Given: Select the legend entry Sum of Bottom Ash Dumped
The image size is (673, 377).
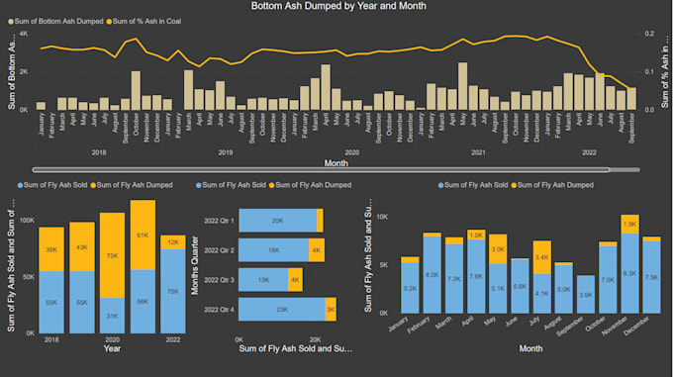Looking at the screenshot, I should pyautogui.click(x=58, y=21).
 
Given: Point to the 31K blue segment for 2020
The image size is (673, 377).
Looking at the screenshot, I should pyautogui.click(x=113, y=315).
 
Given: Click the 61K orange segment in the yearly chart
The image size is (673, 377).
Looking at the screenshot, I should pyautogui.click(x=143, y=236).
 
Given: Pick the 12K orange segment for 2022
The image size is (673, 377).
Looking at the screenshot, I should pyautogui.click(x=172, y=241).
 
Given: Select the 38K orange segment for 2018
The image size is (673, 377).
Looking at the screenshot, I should pyautogui.click(x=52, y=249).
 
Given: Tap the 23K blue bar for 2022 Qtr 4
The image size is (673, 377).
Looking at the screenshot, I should pyautogui.click(x=282, y=310).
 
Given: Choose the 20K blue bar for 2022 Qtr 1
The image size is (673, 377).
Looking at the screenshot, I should pyautogui.click(x=278, y=221).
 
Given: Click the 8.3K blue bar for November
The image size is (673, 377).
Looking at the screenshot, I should pyautogui.click(x=629, y=273).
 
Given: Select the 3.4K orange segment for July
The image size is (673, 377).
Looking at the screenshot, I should pyautogui.click(x=542, y=257).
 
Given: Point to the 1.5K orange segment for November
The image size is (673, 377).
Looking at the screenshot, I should pyautogui.click(x=629, y=224).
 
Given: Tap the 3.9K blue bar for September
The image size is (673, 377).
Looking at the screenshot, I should pyautogui.click(x=586, y=295).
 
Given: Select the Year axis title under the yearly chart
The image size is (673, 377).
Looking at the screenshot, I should pyautogui.click(x=113, y=347).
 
